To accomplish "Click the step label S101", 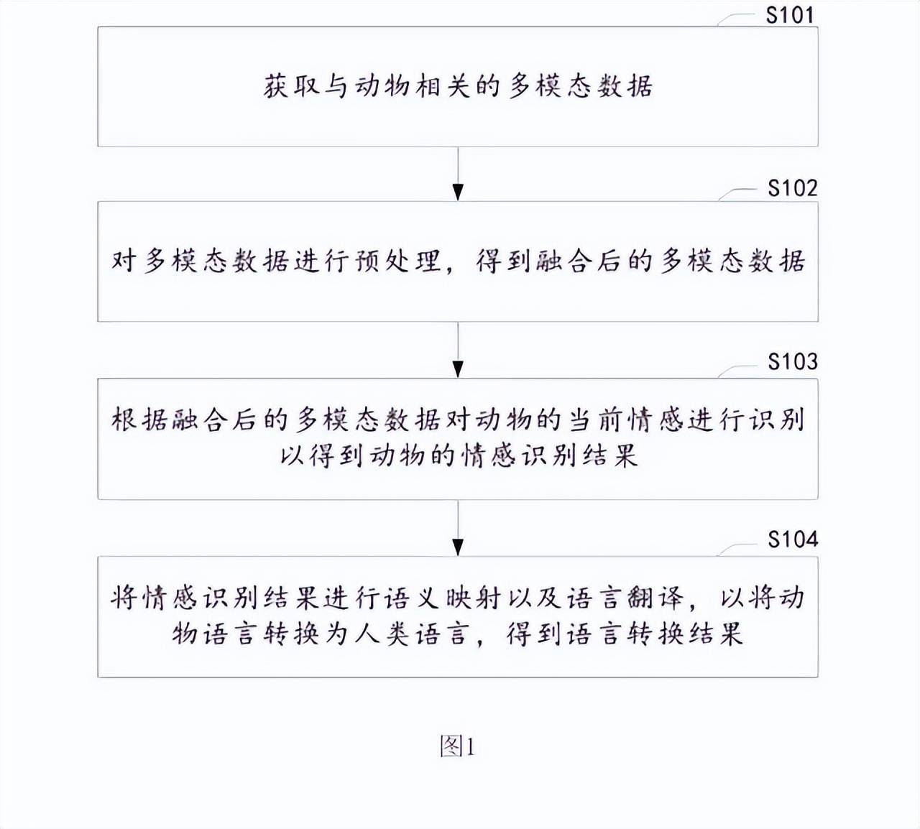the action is (790, 15).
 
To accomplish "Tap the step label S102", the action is (793, 188).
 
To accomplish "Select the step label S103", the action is (793, 362).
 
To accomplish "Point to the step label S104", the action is (793, 539).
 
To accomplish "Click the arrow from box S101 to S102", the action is (458, 174).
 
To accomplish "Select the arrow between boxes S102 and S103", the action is (458, 350).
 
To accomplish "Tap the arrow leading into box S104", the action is (458, 528).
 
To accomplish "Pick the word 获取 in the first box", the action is (291, 86).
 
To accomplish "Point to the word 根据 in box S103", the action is (139, 420).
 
